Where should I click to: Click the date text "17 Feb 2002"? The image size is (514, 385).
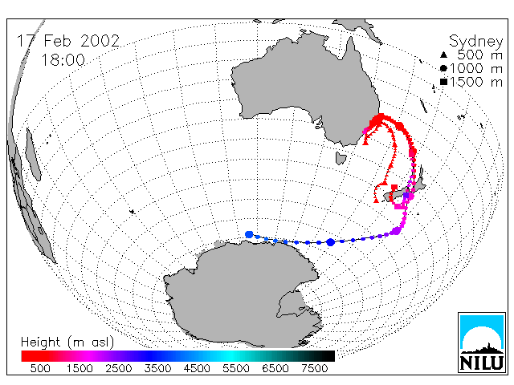click(68, 41)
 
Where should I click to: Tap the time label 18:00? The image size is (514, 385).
click(63, 60)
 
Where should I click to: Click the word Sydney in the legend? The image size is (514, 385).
click(475, 42)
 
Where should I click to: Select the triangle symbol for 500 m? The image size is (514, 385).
click(443, 55)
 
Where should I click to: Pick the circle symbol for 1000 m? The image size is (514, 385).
click(443, 68)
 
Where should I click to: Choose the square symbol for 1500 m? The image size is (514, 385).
click(443, 82)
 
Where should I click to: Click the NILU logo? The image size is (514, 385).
click(482, 342)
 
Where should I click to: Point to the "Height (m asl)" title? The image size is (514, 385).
click(67, 342)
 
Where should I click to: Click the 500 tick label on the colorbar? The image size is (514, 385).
click(40, 369)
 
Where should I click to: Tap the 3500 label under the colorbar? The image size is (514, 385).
click(157, 369)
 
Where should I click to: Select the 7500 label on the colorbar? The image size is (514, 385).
click(314, 369)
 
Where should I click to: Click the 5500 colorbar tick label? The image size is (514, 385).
click(236, 369)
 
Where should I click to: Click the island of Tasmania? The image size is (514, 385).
click(341, 158)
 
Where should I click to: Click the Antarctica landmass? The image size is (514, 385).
click(243, 294)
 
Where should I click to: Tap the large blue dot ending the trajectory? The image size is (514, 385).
click(249, 234)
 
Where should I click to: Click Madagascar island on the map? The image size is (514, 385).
click(33, 154)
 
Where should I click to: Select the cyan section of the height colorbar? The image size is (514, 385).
click(230, 356)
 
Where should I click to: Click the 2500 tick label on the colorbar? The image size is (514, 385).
click(119, 369)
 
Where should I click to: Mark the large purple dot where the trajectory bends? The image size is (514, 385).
click(396, 231)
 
